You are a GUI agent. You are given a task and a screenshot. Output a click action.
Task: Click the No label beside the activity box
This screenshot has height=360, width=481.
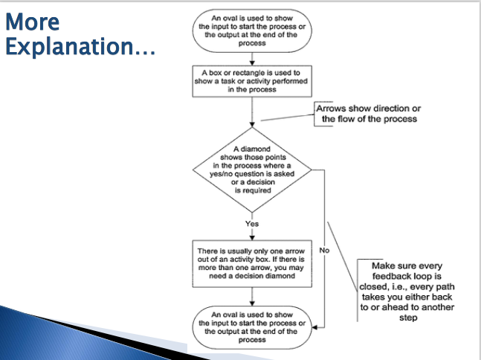coord(324,251)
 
